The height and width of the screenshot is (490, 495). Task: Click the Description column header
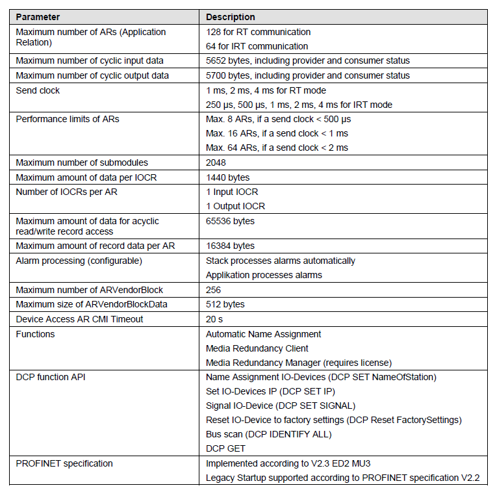[x=231, y=17]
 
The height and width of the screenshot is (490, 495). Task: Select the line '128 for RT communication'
[x=258, y=32]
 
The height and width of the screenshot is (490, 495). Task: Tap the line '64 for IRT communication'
[x=257, y=46]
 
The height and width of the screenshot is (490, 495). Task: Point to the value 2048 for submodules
[x=217, y=162]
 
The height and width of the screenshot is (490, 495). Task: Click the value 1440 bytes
[x=227, y=177]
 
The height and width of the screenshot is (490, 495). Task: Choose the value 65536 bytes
[x=230, y=221]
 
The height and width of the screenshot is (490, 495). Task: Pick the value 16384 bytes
[x=230, y=246]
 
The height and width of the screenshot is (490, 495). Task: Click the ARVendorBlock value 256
[x=214, y=289]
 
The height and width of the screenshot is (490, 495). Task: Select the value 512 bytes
[x=225, y=304]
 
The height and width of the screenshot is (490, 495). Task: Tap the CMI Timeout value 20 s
[x=215, y=319]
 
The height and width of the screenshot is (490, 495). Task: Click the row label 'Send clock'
[x=38, y=90]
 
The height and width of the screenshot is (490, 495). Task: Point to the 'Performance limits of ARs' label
[x=68, y=119]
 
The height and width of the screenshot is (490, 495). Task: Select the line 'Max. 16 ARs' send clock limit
[x=277, y=133]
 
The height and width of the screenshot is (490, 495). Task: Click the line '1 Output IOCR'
[x=235, y=206]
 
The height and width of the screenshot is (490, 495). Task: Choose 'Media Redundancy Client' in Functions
[x=257, y=348]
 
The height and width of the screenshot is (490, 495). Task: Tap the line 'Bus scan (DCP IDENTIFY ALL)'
[x=268, y=434]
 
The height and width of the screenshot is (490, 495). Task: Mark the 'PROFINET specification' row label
[x=64, y=463]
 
